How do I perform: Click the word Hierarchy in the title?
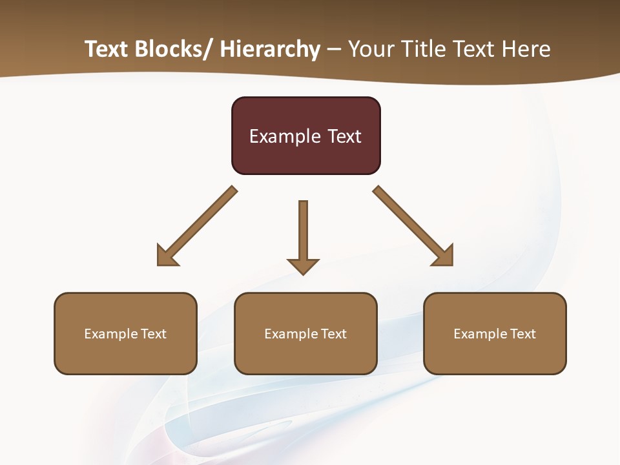pos(269,50)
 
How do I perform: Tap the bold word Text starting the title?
pos(107,50)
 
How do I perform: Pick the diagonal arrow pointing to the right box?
pos(413,227)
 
